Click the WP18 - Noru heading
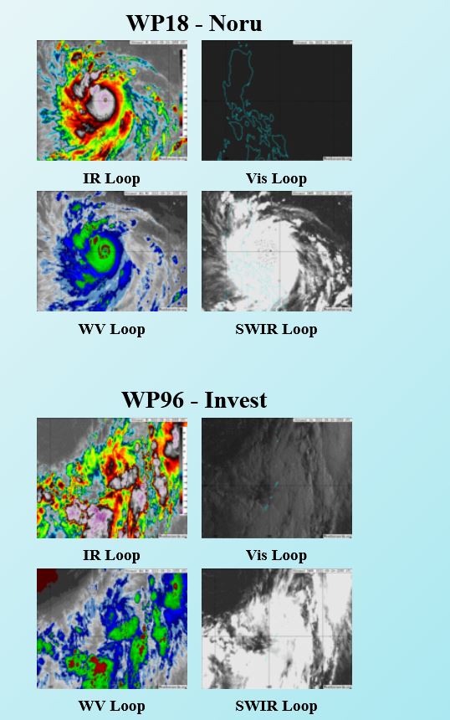click(193, 23)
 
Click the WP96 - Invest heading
click(193, 399)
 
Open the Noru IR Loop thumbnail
click(112, 100)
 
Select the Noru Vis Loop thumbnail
click(277, 100)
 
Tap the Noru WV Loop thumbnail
click(112, 251)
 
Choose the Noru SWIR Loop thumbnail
click(277, 251)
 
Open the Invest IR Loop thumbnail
click(112, 478)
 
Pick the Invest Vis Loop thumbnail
click(277, 478)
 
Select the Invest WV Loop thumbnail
click(112, 629)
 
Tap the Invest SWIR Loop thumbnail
click(277, 629)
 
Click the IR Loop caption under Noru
click(111, 178)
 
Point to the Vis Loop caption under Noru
click(276, 178)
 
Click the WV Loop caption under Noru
click(111, 329)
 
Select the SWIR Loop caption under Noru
click(276, 329)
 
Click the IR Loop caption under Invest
click(111, 555)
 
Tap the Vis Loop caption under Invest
click(276, 555)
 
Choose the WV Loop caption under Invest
click(111, 706)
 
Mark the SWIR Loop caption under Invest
click(276, 706)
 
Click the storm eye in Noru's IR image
click(104, 100)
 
